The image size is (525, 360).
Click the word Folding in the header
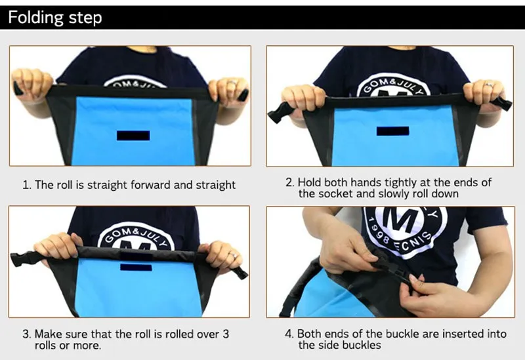[x=36, y=18]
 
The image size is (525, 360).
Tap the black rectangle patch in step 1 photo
[x=133, y=136]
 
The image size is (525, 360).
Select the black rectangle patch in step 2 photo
[x=392, y=131]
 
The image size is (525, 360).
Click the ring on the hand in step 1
[x=232, y=83]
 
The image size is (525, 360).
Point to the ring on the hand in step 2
[x=490, y=85]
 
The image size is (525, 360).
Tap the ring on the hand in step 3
[x=234, y=256]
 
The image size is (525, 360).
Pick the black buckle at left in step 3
[x=23, y=258]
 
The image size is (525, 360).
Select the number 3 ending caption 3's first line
[x=226, y=334]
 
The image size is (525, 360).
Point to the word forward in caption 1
[x=150, y=185]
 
